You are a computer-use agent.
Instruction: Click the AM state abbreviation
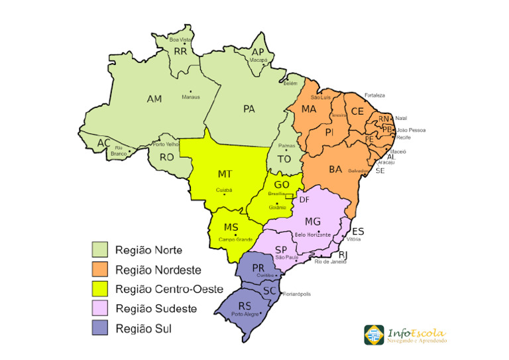tap(154, 99)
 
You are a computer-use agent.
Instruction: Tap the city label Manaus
tap(191, 97)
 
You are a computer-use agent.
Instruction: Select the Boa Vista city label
tap(180, 40)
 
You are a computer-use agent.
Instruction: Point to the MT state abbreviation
tap(225, 174)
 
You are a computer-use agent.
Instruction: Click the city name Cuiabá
tap(224, 190)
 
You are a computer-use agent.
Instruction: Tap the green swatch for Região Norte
tap(99, 250)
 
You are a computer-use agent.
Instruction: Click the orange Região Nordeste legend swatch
tap(99, 270)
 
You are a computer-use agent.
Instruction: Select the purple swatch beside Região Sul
tap(99, 328)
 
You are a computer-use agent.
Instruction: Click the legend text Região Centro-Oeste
tap(168, 289)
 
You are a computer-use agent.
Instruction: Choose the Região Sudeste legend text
tap(156, 308)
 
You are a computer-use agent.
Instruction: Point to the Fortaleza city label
tap(374, 95)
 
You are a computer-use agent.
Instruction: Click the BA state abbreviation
tap(335, 170)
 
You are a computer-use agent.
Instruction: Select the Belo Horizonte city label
tap(319, 235)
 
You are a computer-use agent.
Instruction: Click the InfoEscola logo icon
tap(374, 335)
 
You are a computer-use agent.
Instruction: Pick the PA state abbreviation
tap(249, 109)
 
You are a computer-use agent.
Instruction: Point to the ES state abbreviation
tap(358, 231)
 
